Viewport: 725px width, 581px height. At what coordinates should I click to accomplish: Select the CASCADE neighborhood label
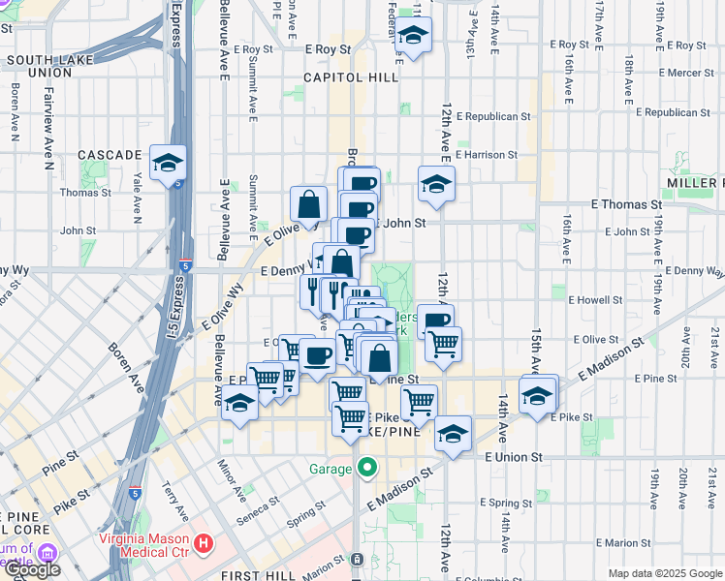(x=110, y=155)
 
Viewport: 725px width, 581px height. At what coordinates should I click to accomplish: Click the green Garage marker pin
(x=366, y=469)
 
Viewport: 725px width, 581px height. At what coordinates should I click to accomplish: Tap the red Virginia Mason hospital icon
(x=203, y=543)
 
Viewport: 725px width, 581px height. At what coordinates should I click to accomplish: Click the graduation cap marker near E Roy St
(x=414, y=36)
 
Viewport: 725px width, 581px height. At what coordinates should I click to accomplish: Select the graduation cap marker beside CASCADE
(x=168, y=162)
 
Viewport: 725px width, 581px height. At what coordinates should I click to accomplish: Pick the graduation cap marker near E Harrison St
(x=436, y=184)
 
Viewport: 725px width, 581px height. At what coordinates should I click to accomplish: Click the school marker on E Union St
(x=452, y=434)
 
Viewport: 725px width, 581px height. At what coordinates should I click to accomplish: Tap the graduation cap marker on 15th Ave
(x=538, y=395)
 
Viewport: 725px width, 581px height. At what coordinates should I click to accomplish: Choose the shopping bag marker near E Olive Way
(x=308, y=203)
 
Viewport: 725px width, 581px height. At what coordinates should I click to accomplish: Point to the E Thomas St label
(x=626, y=205)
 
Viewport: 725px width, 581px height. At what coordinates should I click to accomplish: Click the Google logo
(x=32, y=569)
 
